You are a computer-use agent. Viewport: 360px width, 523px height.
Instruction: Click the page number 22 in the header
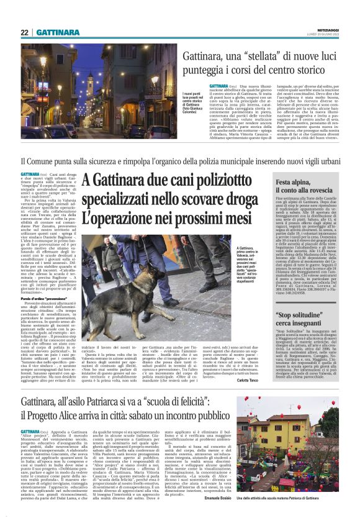click(x=24, y=32)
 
